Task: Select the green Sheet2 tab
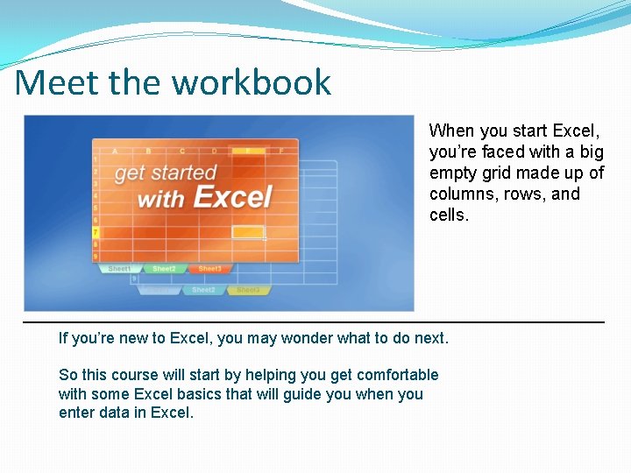pos(164,269)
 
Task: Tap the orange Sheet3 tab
pos(209,269)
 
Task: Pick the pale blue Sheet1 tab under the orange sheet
pos(119,269)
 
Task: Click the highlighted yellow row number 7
pos(96,233)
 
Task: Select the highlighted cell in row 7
pos(248,233)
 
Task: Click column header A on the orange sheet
pos(115,151)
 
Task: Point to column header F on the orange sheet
pos(281,151)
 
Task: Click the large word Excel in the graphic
pos(233,197)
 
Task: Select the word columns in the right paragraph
pos(459,194)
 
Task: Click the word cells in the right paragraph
pos(448,215)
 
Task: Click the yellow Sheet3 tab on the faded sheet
pos(248,290)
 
